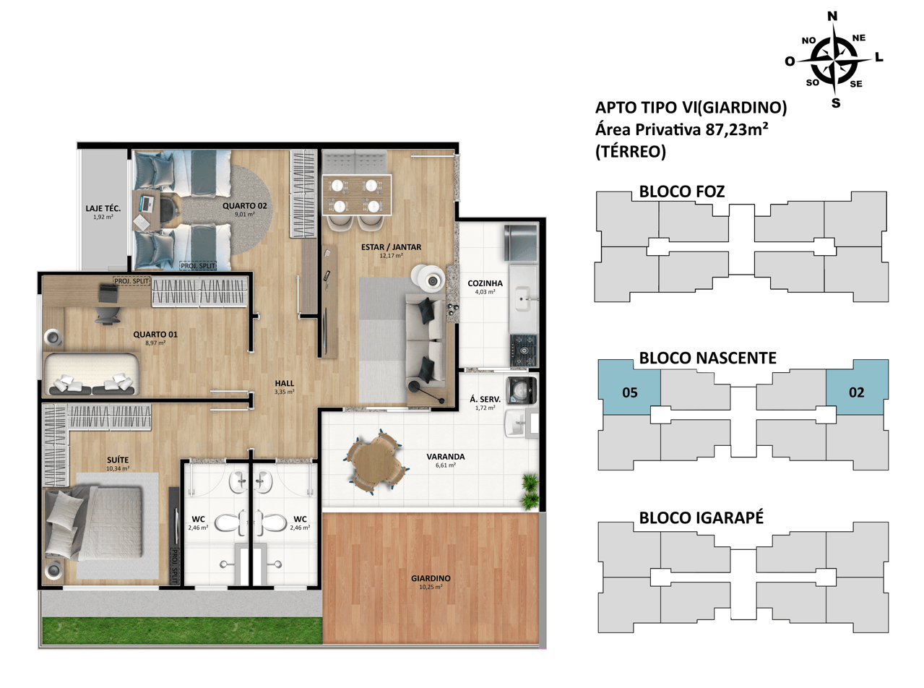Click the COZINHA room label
coord(485,283)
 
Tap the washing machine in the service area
coord(521,390)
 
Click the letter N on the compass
coord(832,16)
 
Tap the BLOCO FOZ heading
coord(682,192)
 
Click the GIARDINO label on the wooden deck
coord(431,578)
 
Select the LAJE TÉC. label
coord(103,208)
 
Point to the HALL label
coord(285,383)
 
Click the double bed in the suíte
coord(95,524)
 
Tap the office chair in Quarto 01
coord(108,313)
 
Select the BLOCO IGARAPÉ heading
coord(701,517)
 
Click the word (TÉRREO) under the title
coord(630,151)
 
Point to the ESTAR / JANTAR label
coord(391,247)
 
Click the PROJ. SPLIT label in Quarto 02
coord(198,265)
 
